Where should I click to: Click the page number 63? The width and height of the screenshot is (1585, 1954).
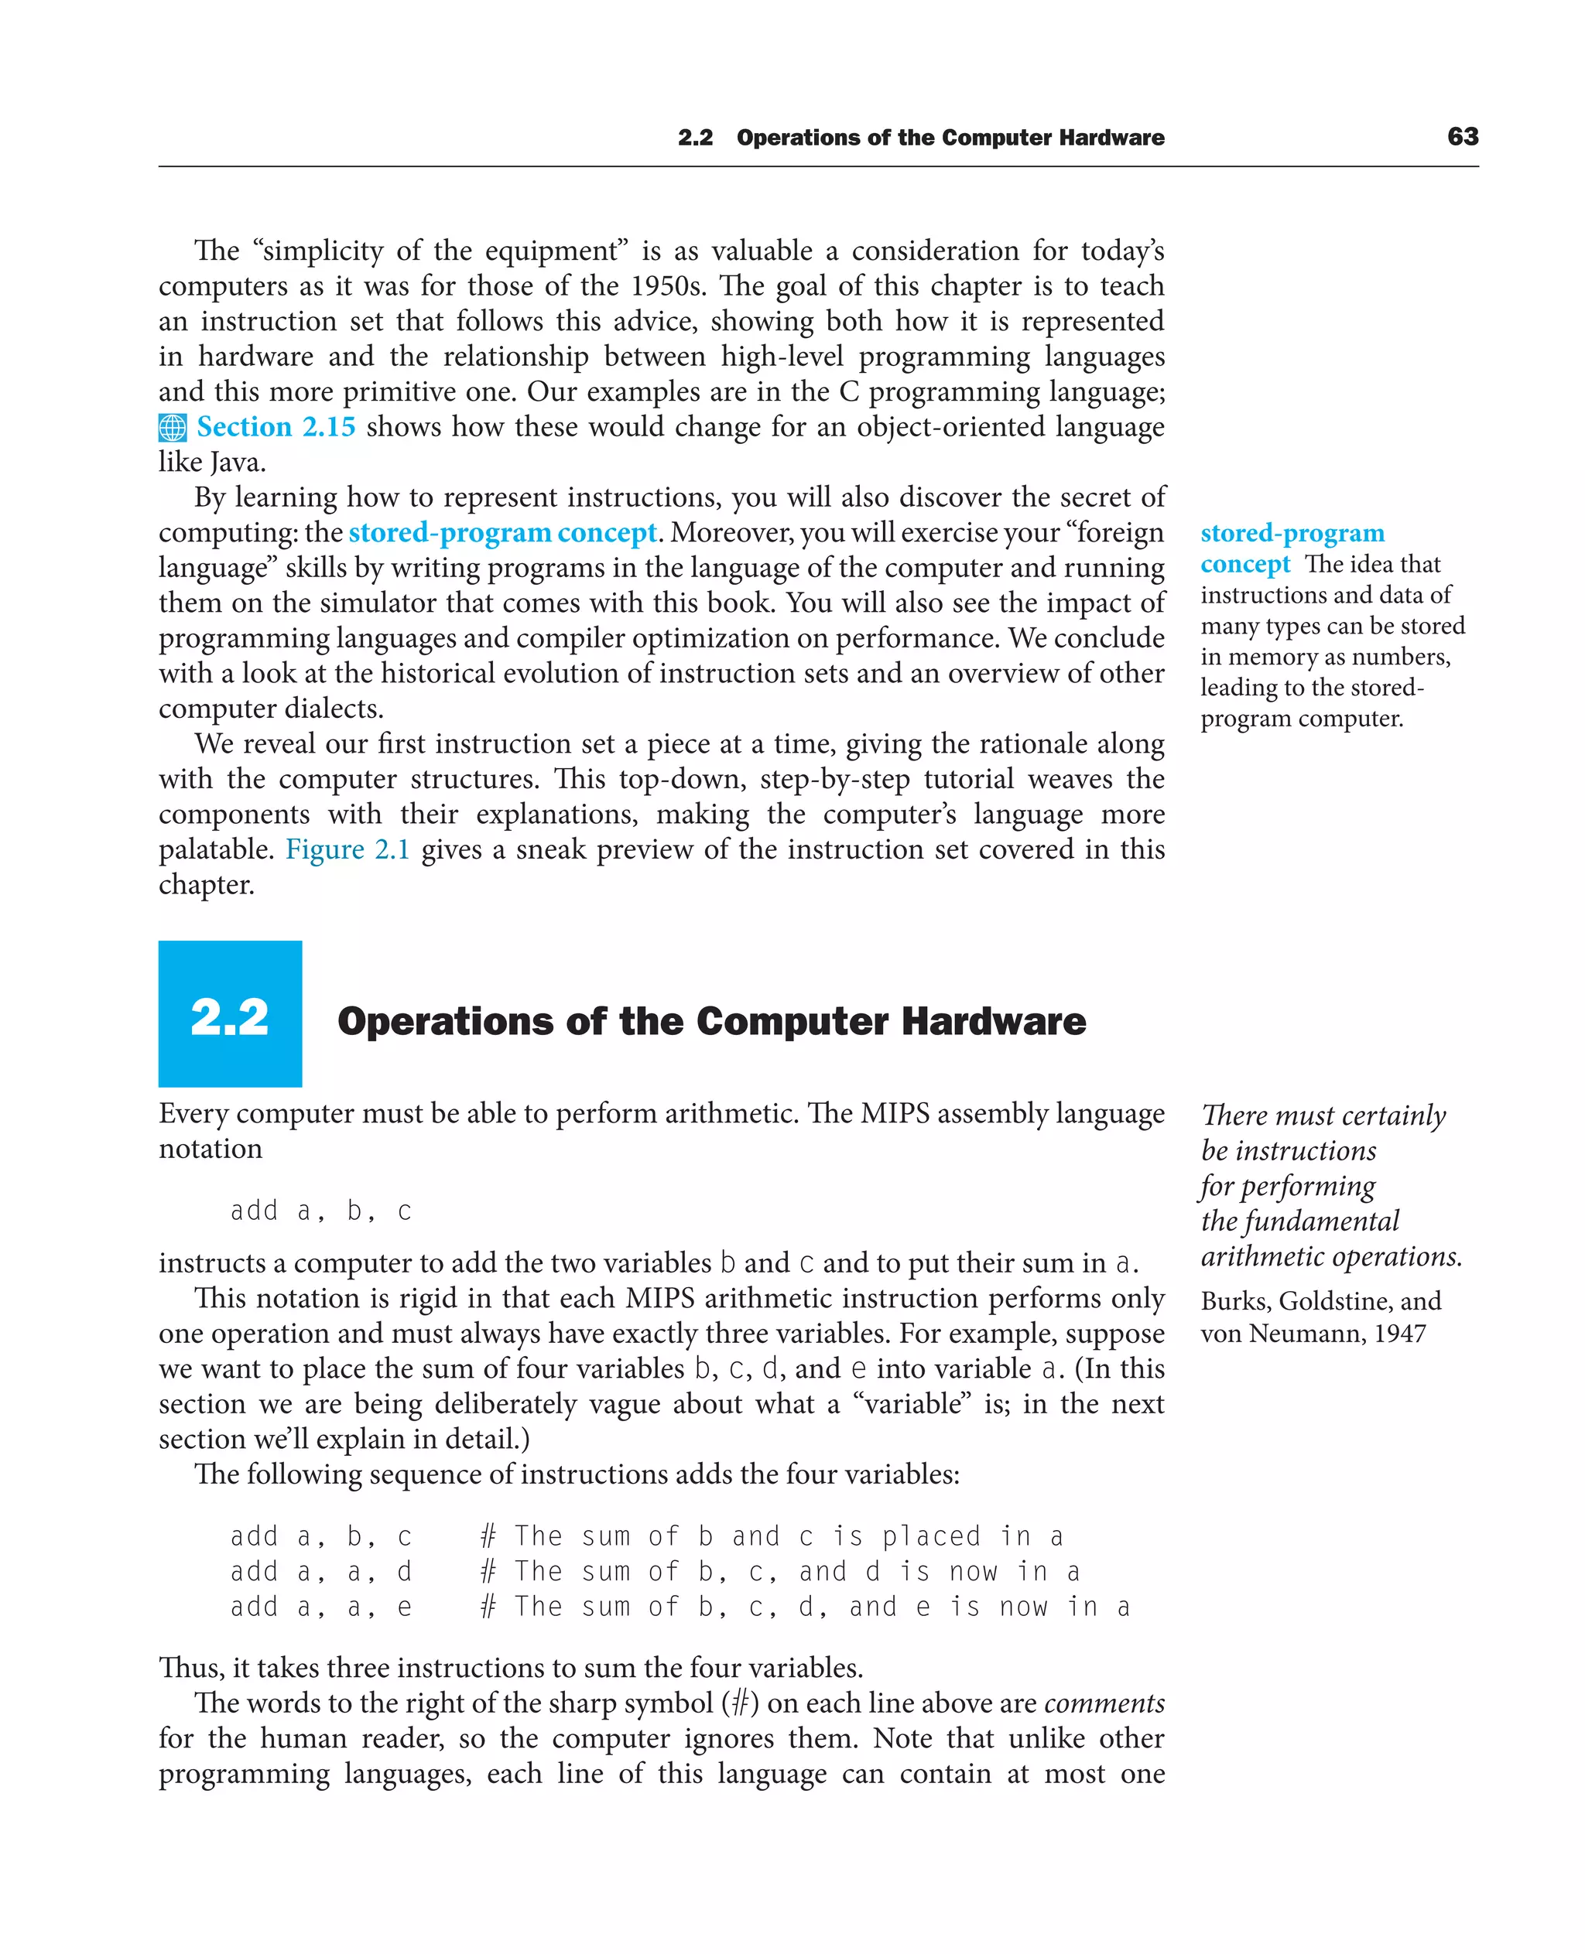point(1462,136)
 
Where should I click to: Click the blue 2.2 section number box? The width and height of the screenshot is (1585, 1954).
point(230,1013)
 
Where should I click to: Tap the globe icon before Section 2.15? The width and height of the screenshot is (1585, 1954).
point(172,427)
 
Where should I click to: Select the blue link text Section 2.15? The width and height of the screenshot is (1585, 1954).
point(276,426)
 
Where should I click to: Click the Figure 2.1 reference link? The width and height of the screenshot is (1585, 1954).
point(347,849)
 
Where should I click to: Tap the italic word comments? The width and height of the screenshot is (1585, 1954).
point(1104,1703)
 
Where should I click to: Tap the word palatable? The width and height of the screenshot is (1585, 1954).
point(215,849)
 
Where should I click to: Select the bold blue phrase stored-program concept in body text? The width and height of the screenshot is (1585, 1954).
point(502,532)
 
